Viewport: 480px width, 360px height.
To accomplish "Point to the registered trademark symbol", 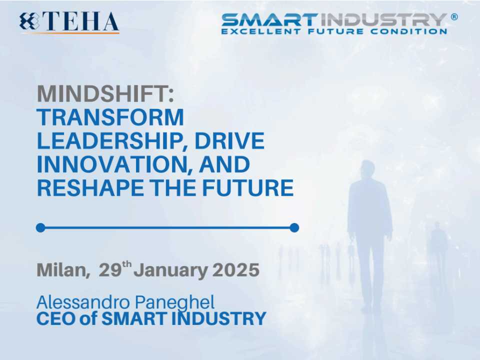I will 454,16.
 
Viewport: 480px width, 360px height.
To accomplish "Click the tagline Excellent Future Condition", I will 334,31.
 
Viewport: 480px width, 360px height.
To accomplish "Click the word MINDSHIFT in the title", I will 103,93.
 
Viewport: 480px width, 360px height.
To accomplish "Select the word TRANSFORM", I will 110,117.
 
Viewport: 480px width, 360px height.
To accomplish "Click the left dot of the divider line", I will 40,228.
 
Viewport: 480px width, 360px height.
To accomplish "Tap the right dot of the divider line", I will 294,228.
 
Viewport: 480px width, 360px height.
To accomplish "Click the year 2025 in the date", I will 236,270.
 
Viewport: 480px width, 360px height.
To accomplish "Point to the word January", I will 171,270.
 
